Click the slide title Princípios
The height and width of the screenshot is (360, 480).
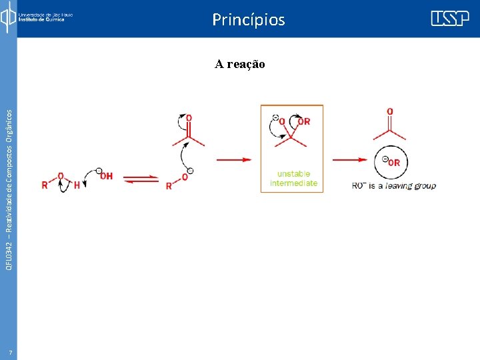click(x=248, y=20)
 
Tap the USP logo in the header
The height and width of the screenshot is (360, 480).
click(x=449, y=18)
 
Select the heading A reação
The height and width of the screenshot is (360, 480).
click(x=240, y=64)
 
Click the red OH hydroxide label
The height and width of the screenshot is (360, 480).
click(x=105, y=176)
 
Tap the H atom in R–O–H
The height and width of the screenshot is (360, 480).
click(x=77, y=185)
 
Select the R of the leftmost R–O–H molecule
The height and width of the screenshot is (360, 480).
click(x=45, y=185)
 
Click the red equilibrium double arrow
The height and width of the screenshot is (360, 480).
click(x=141, y=179)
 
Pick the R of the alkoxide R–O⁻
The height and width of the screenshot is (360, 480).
click(x=169, y=186)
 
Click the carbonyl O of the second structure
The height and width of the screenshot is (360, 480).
click(x=189, y=118)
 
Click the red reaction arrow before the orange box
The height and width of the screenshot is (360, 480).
click(x=233, y=159)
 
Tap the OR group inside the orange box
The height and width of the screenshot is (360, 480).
click(x=303, y=121)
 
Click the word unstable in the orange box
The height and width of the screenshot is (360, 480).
click(x=293, y=174)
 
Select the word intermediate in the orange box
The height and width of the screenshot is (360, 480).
click(x=293, y=183)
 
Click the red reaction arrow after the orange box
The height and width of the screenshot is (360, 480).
click(x=350, y=159)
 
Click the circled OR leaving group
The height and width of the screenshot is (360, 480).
click(x=392, y=162)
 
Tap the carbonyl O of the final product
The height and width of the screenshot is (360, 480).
click(x=390, y=111)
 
